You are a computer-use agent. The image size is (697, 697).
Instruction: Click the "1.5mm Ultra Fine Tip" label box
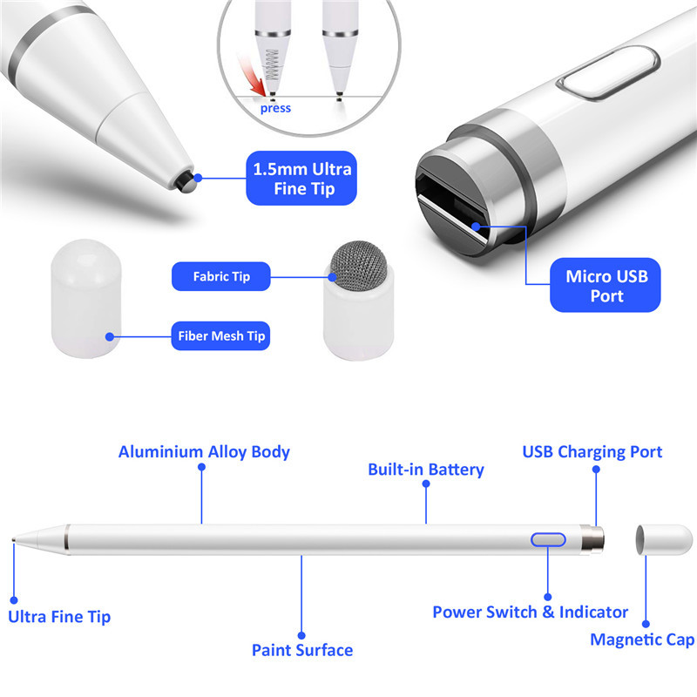pyautogui.click(x=301, y=179)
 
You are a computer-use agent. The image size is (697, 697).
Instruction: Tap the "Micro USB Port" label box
pyautogui.click(x=606, y=287)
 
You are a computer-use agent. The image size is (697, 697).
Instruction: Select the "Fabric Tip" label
pyautogui.click(x=221, y=277)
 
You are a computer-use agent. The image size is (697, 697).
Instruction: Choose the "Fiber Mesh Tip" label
pyautogui.click(x=221, y=335)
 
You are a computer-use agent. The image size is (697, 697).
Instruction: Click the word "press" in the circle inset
pyautogui.click(x=275, y=108)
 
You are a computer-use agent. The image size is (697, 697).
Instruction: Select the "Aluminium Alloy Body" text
pyautogui.click(x=204, y=452)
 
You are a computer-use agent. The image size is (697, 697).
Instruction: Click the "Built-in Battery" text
pyautogui.click(x=425, y=470)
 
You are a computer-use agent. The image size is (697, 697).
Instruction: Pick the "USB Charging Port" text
pyautogui.click(x=592, y=452)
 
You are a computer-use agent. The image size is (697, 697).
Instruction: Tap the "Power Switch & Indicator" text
pyautogui.click(x=530, y=612)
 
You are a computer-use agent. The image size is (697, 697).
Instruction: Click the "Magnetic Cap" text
pyautogui.click(x=642, y=640)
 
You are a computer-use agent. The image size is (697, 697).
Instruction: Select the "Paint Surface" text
pyautogui.click(x=302, y=650)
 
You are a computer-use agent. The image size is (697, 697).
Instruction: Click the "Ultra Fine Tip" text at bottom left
pyautogui.click(x=59, y=617)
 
